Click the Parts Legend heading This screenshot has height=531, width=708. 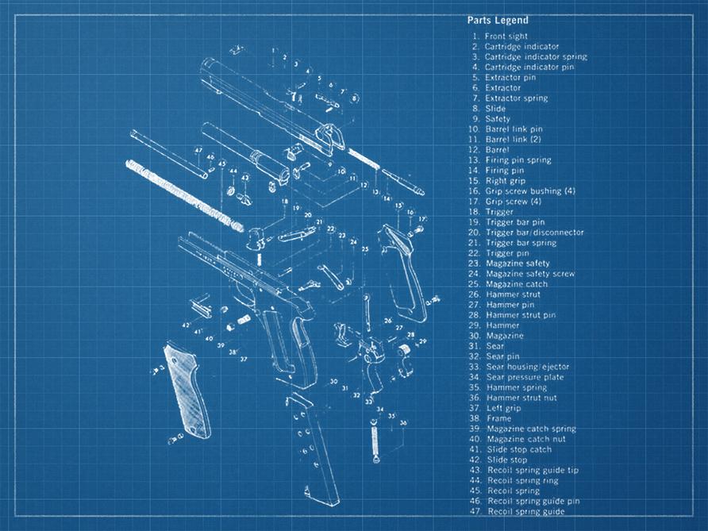point(498,21)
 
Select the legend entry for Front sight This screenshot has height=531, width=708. point(506,37)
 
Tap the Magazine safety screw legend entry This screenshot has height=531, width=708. point(529,274)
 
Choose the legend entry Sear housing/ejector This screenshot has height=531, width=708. point(527,367)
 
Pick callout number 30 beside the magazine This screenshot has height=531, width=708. point(334,382)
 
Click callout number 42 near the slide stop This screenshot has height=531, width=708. point(185,325)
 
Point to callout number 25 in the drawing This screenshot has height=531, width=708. point(364,249)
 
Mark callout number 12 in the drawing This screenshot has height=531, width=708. point(364,186)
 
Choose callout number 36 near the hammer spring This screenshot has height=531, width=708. point(403,424)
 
